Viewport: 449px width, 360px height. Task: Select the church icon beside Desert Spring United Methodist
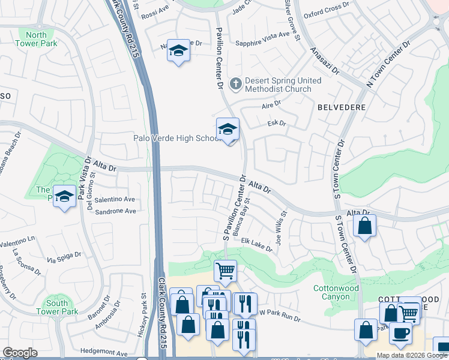point(236,84)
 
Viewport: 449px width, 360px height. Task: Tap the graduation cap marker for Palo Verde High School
point(228,129)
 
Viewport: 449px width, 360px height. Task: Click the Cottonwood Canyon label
point(336,293)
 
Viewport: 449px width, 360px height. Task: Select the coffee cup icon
point(400,333)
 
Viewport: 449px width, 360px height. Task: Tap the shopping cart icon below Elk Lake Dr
point(225,271)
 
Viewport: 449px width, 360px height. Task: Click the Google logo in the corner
point(20,353)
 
